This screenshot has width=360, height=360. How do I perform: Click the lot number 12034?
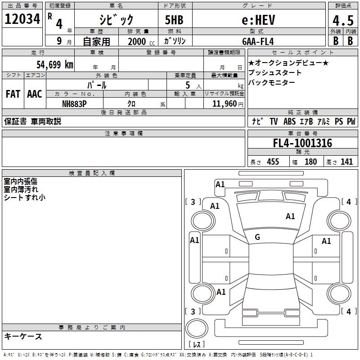coord(22,19)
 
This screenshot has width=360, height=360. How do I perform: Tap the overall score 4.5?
coord(343,21)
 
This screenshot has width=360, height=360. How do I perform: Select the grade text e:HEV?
coord(258,20)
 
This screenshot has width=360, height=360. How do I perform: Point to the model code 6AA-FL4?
coord(258,41)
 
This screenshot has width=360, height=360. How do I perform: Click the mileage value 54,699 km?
coord(55,64)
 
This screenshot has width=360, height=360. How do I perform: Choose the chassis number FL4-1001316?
coord(302,143)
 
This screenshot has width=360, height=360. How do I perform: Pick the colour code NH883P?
coord(74,104)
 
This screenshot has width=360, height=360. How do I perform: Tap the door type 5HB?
coord(174,20)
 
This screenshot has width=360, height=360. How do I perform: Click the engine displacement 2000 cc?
coord(141,41)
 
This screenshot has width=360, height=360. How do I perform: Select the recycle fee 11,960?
coord(224,104)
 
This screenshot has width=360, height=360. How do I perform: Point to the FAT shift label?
coord(13,94)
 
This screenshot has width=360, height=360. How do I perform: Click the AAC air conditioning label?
coord(35,94)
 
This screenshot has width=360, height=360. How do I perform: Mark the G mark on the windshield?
coord(257,237)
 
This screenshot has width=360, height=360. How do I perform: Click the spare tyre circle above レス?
coord(197,328)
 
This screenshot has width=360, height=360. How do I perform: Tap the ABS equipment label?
coord(289,121)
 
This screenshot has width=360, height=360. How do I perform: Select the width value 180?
coord(310,162)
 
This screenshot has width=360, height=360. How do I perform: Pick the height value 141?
coord(346,162)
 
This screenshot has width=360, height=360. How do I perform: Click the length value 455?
coord(273,162)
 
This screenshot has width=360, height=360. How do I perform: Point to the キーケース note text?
coord(23,337)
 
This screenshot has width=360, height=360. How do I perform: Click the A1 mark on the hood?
coord(290,216)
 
